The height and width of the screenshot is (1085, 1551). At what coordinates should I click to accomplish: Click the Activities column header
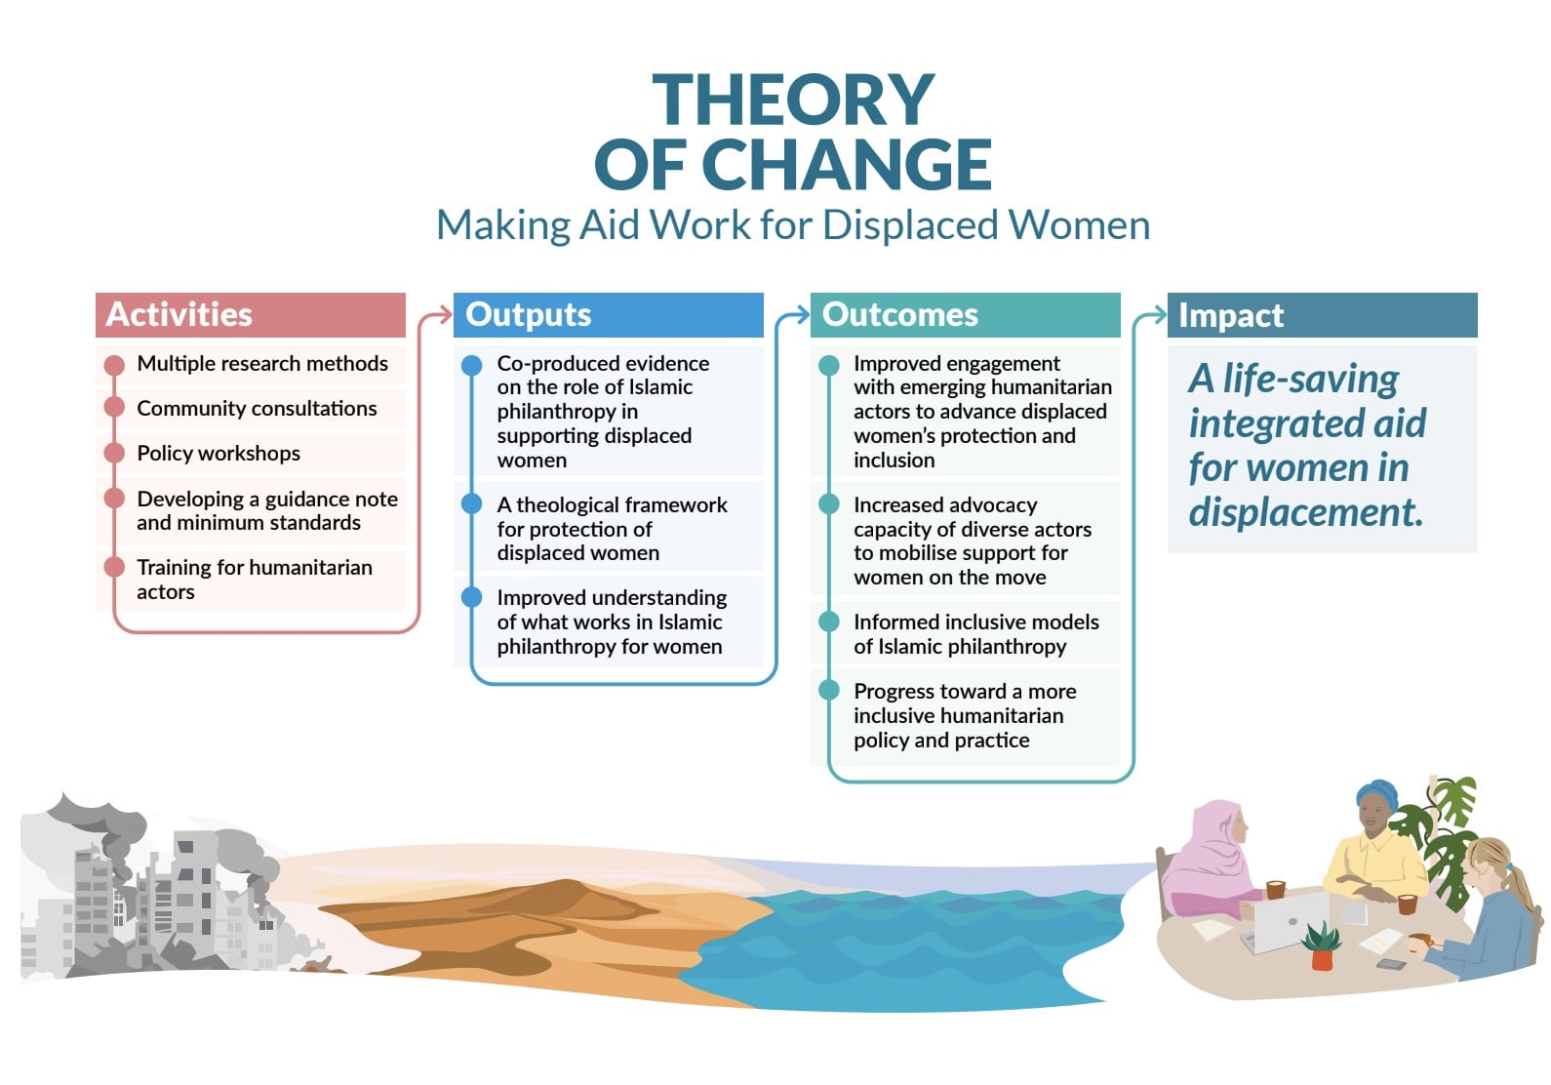click(250, 315)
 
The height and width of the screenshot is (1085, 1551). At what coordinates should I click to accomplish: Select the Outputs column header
click(608, 315)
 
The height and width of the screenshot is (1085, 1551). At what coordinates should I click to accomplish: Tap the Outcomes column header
click(965, 315)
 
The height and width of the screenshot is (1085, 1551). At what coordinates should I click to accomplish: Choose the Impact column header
click(1322, 315)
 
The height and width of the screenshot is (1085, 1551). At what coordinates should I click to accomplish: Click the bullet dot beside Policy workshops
click(114, 453)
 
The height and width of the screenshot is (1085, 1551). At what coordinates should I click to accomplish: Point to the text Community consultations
click(257, 409)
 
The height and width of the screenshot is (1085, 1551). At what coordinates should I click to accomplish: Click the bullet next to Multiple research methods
click(114, 364)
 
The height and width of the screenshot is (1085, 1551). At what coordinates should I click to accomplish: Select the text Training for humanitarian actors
click(255, 580)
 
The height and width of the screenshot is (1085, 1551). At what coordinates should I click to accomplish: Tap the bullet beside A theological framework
click(471, 503)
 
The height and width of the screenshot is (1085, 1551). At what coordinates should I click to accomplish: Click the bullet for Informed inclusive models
click(829, 622)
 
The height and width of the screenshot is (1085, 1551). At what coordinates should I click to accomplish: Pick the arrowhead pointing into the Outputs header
click(445, 315)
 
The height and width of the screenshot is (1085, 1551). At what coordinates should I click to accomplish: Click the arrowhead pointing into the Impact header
click(1159, 315)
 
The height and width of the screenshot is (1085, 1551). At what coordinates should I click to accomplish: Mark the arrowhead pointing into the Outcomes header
click(802, 315)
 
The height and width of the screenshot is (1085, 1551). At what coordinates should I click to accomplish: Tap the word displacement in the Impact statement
click(1306, 512)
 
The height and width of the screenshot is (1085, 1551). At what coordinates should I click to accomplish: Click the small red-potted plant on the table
click(1321, 945)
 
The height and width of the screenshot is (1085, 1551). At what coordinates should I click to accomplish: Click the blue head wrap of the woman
click(1376, 794)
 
